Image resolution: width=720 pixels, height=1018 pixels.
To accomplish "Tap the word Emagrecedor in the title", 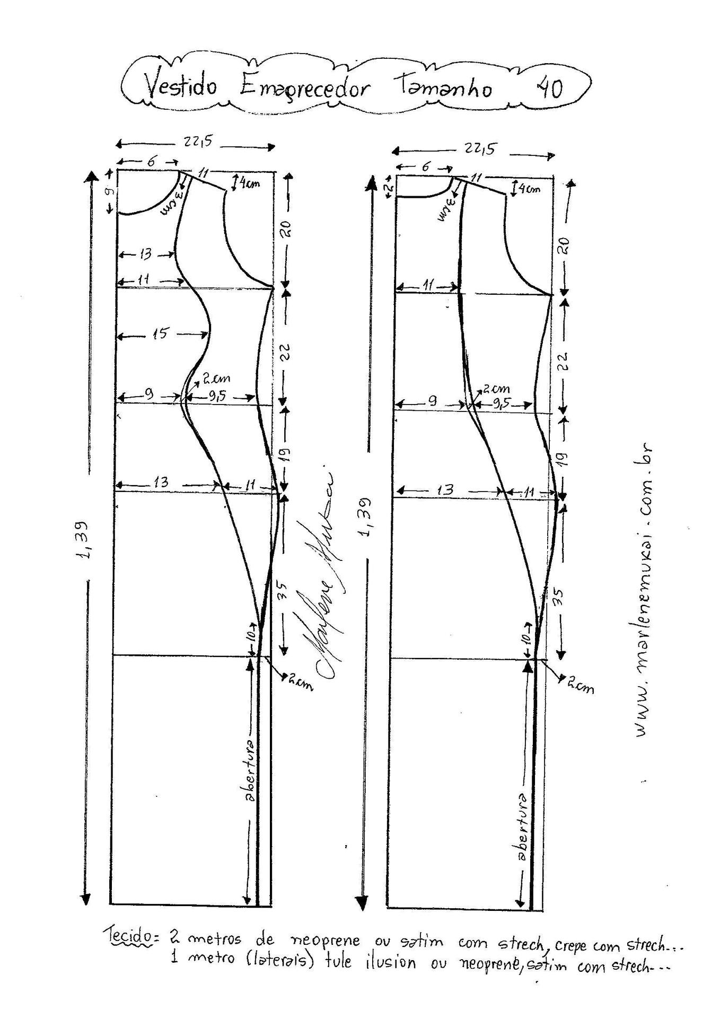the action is coord(303,88).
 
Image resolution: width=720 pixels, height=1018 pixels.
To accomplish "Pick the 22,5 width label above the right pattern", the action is coord(480,149).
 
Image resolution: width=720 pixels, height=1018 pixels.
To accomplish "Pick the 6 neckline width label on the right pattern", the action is coord(425,166).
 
